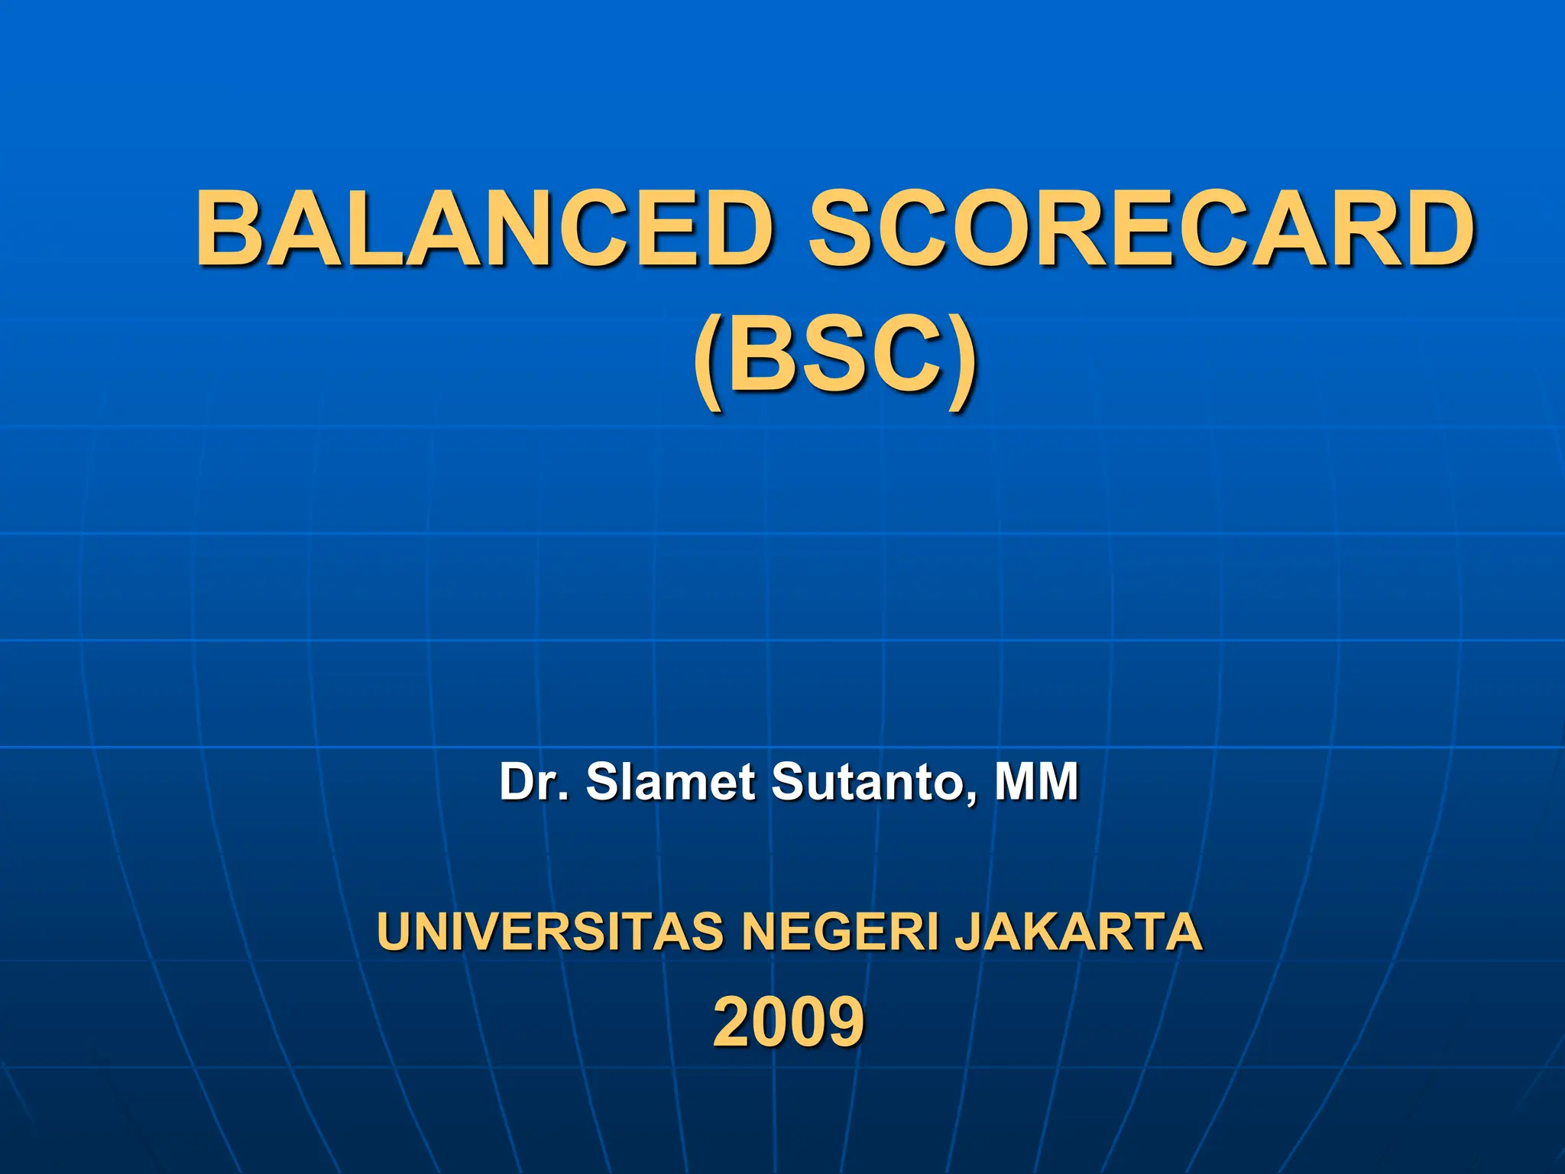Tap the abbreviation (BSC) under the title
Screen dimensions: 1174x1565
(834, 355)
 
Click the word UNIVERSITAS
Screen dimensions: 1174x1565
(549, 931)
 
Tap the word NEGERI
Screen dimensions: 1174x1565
(840, 931)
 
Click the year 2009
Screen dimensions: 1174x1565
(789, 1022)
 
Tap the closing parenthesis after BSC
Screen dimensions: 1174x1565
(962, 358)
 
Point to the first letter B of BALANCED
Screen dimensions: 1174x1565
(232, 229)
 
